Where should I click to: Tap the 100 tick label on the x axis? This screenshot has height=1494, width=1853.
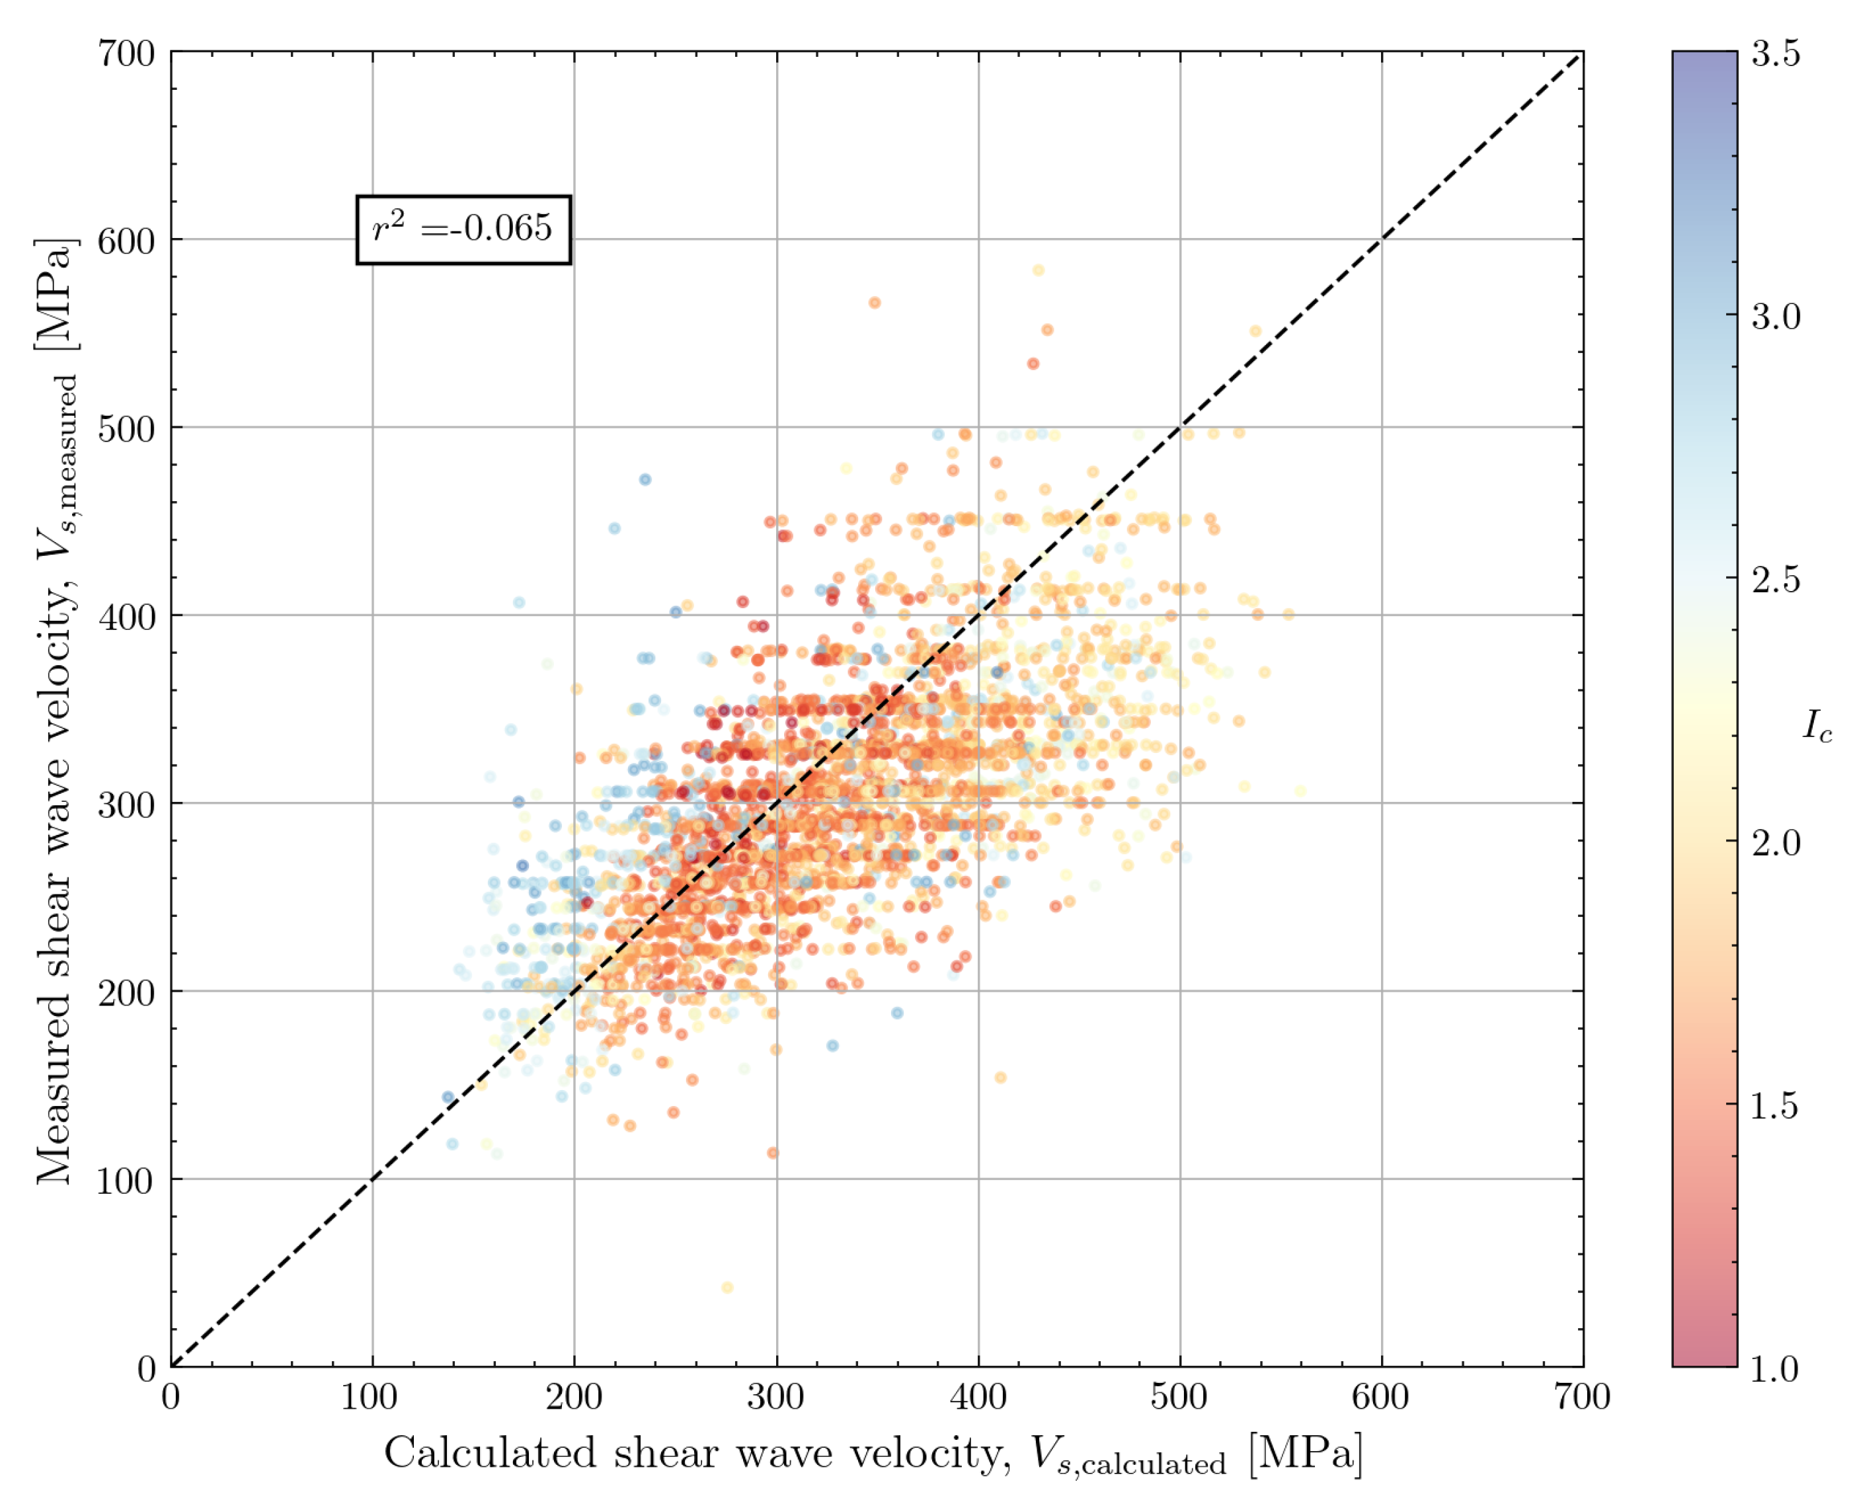pos(370,1396)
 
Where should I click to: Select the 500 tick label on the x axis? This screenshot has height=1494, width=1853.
pos(1178,1396)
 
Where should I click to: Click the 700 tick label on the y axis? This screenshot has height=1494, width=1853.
pos(126,54)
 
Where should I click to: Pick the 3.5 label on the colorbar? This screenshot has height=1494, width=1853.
pos(1776,54)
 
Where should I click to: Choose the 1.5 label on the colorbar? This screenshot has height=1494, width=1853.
pos(1775,1105)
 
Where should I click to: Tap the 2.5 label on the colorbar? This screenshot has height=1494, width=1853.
pos(1776,580)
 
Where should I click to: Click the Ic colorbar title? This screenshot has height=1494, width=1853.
pos(1817,727)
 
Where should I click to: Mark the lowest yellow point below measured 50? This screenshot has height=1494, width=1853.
pos(727,1288)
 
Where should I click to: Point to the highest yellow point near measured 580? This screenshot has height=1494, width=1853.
pos(1039,270)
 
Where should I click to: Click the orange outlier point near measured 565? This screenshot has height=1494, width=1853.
pos(875,303)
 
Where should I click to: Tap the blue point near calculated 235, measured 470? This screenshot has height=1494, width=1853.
pos(645,479)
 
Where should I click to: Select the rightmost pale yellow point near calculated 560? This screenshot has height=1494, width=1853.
pos(1300,791)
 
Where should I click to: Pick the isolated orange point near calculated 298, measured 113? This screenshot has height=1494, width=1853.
pos(773,1153)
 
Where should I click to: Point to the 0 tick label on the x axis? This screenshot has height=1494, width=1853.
pos(171,1396)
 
